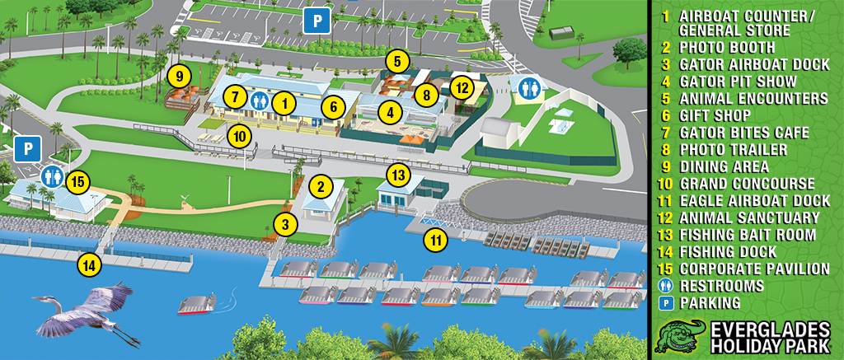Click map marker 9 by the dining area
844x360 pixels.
[x=178, y=76]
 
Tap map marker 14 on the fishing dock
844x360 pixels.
[x=88, y=265]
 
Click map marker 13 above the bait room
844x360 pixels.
[x=398, y=175]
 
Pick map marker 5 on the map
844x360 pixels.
[x=397, y=60]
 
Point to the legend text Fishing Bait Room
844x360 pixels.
[x=748, y=235]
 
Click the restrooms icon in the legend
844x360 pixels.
[x=664, y=286]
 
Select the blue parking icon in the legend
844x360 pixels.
[x=664, y=303]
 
